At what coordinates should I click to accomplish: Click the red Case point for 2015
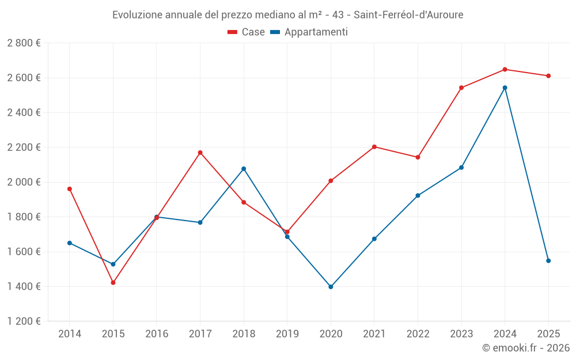coord(113,283)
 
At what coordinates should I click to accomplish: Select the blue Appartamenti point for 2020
coord(331,287)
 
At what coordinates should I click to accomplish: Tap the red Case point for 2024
coord(505,69)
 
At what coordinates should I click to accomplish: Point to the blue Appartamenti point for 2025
coord(548,261)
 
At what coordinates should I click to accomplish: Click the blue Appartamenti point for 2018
coord(244,169)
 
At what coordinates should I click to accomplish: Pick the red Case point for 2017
coord(200,153)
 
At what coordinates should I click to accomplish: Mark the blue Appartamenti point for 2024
coord(505,88)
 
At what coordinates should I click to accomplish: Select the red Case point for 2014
coord(70,189)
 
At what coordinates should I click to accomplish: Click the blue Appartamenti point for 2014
coord(70,243)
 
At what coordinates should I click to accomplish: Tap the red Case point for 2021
coord(374,147)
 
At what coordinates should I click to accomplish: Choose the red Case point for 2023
coord(461,88)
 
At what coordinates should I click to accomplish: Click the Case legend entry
coord(247,32)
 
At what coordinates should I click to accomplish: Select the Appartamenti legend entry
coord(309,32)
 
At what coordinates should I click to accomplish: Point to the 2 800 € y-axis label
coord(24,43)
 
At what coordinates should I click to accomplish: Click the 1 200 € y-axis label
coord(24,321)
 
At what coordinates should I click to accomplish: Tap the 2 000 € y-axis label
coord(24,182)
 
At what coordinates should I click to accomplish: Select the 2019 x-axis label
coord(287,334)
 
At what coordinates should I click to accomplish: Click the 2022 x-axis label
coord(418,334)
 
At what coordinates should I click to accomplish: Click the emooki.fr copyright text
coord(525,348)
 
